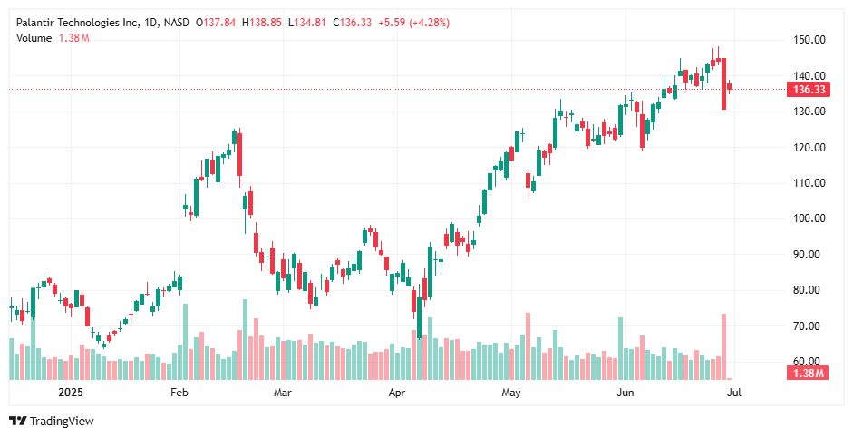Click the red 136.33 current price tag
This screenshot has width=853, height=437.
click(809, 90)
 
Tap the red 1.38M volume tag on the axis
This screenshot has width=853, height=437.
click(808, 374)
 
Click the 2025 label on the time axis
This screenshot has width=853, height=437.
click(71, 393)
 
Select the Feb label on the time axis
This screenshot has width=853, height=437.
click(179, 393)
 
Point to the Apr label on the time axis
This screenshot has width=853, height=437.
click(396, 393)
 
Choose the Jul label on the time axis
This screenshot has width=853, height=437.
click(734, 393)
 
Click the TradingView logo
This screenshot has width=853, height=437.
click(52, 421)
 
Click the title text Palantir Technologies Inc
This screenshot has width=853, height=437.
click(77, 23)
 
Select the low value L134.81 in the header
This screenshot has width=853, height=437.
click(308, 23)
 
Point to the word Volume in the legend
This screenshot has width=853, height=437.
click(34, 37)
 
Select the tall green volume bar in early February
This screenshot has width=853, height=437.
click(186, 341)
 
